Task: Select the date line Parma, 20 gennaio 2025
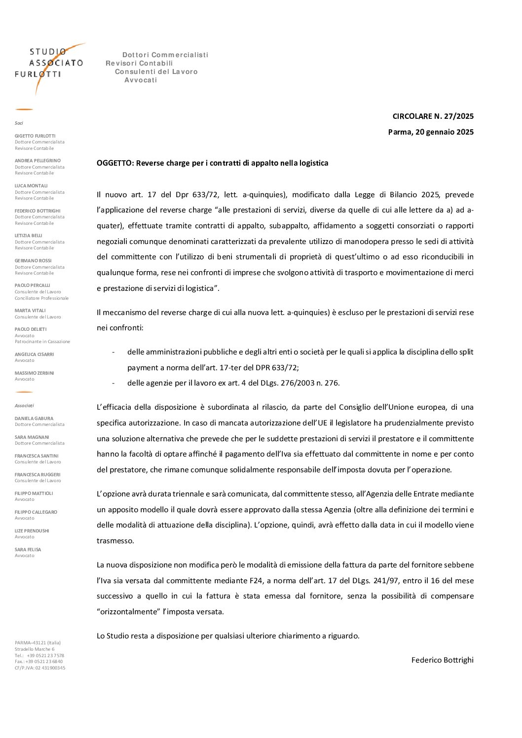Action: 431,132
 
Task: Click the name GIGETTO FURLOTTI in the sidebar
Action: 35,136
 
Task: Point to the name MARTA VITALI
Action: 30,311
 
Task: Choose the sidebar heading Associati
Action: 24,406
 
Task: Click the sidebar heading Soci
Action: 19,123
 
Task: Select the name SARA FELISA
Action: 28,550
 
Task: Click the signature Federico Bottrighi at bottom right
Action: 442,660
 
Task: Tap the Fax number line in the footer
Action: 38,662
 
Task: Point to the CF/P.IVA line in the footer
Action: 40,668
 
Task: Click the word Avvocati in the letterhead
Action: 141,80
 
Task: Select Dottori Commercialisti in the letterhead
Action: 165,55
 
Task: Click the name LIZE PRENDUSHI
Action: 32,531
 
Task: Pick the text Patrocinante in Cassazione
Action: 42,342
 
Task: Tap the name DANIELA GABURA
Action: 34,419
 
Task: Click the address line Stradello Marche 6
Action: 35,649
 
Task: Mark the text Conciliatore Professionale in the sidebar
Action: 41,298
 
